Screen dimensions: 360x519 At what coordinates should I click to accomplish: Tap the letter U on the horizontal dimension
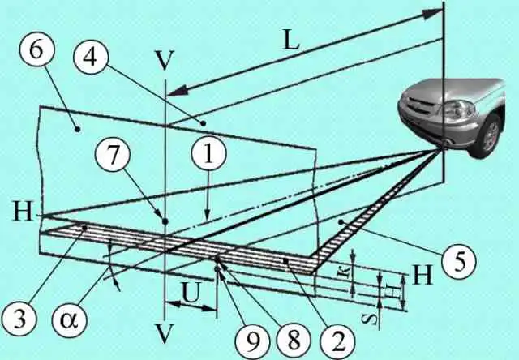click(x=189, y=289)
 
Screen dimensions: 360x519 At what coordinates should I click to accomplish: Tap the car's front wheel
click(x=490, y=135)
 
